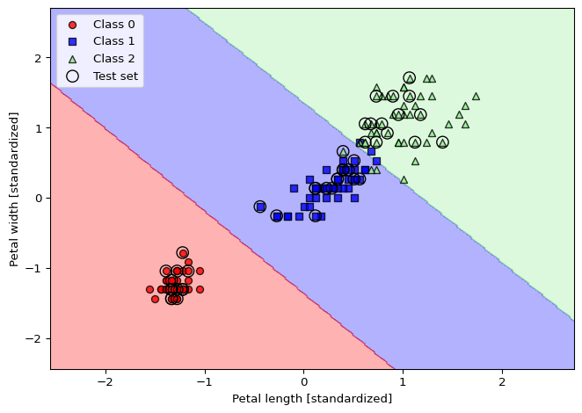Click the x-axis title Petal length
pyautogui.click(x=312, y=399)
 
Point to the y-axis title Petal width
pyautogui.click(x=14, y=189)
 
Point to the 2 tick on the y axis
pyautogui.click(x=38, y=58)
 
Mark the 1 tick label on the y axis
pyautogui.click(x=38, y=128)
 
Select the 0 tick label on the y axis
pyautogui.click(x=38, y=199)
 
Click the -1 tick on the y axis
pyautogui.click(x=34, y=269)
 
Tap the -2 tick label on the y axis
pyautogui.click(x=34, y=339)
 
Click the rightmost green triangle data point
pyautogui.click(x=476, y=97)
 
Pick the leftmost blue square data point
pyautogui.click(x=260, y=206)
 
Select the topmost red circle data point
pyautogui.click(x=183, y=253)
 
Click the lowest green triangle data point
pyautogui.click(x=404, y=179)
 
